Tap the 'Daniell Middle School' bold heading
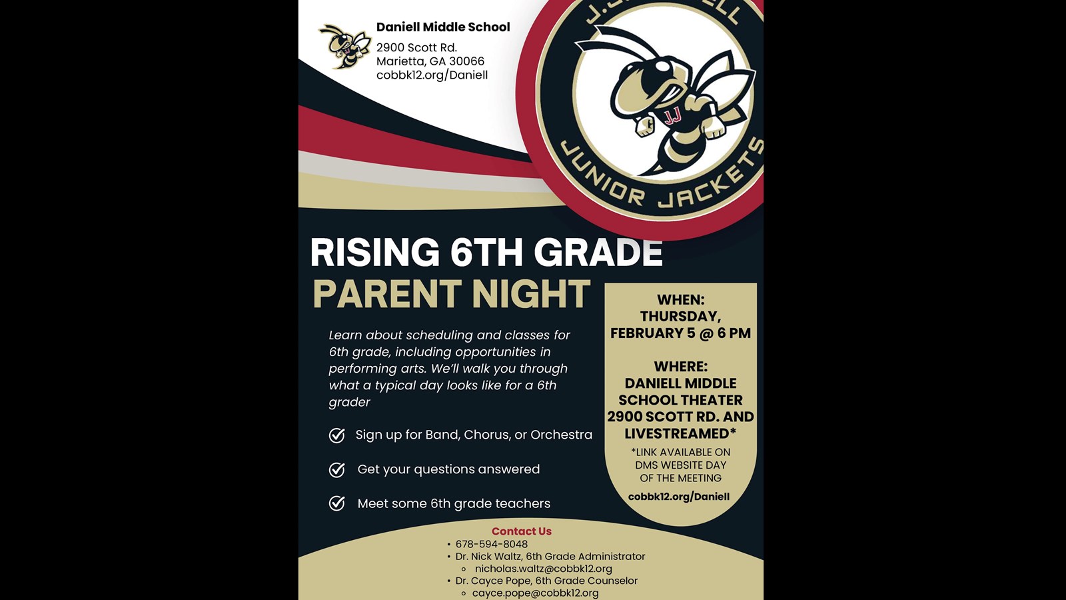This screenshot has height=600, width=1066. [x=443, y=27]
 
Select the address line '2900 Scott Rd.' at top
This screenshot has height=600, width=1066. [x=416, y=47]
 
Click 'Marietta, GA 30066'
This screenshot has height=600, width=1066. [x=430, y=61]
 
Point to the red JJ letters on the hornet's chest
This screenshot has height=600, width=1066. [x=673, y=117]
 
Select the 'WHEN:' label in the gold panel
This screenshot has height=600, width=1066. [x=680, y=300]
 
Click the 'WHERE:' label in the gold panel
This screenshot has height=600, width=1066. [x=680, y=367]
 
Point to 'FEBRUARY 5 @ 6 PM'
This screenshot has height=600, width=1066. [x=680, y=333]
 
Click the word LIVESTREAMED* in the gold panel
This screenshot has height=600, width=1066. [x=680, y=433]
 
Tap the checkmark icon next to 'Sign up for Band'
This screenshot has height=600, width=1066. [x=337, y=435]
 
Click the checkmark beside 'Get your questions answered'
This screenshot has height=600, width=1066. [x=337, y=470]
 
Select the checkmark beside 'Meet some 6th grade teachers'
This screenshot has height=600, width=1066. [x=337, y=503]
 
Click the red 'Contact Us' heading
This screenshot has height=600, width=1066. [x=522, y=531]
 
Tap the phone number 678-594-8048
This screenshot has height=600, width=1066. [x=492, y=544]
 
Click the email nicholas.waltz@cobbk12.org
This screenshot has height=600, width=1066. [x=543, y=569]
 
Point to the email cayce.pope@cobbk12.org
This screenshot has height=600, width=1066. [x=535, y=593]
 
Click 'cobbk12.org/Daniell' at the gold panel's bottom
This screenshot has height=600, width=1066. [x=679, y=497]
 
